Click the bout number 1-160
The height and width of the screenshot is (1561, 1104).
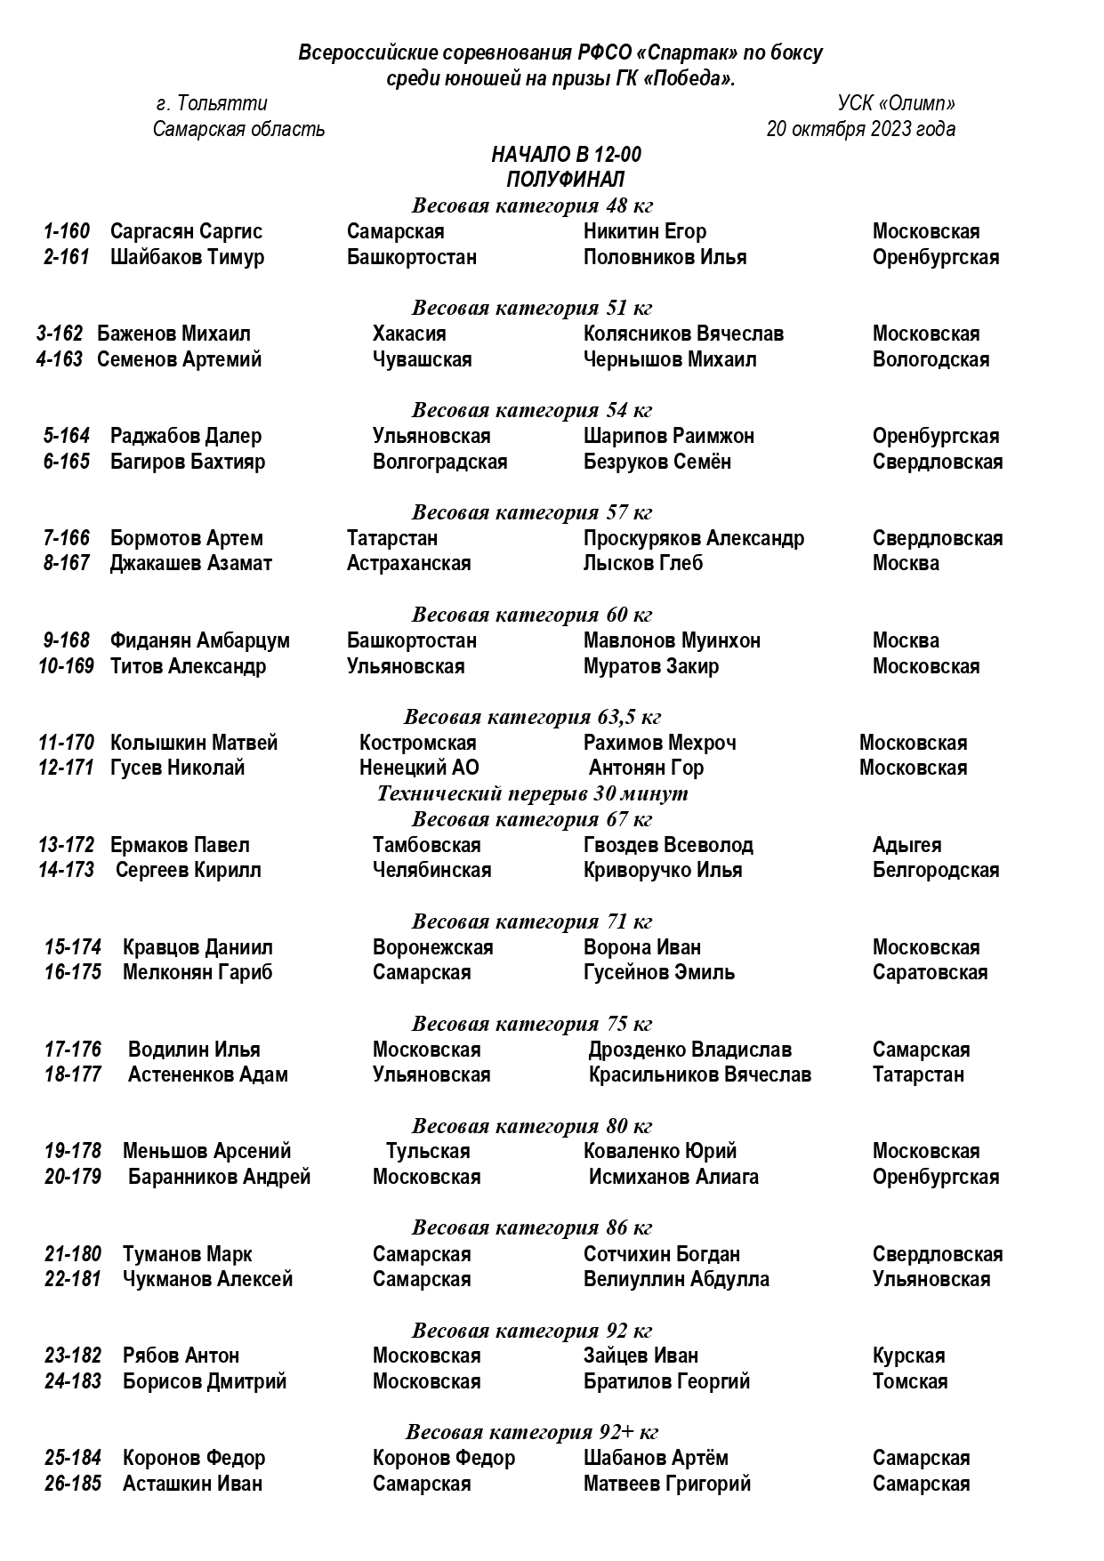coord(67,232)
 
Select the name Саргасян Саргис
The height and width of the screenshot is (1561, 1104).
coord(186,232)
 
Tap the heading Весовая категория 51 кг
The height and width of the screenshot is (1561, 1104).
coord(532,309)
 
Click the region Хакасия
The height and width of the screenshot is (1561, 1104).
coord(409,334)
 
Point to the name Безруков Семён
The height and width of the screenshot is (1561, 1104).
coord(657,462)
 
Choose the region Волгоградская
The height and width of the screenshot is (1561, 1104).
coord(439,462)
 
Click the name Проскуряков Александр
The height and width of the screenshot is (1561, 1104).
coord(693,538)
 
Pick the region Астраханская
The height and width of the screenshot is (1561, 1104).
coord(408,563)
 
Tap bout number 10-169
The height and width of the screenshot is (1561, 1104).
coord(66,666)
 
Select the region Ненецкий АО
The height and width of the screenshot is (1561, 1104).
coord(419,768)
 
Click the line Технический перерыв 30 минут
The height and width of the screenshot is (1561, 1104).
coord(532,793)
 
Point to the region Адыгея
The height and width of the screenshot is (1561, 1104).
coord(907,845)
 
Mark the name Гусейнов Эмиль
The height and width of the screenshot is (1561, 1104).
coord(658,972)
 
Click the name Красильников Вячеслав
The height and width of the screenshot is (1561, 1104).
coord(699,1074)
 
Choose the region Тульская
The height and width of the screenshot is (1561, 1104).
coord(428,1151)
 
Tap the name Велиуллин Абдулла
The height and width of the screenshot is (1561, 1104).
coord(676,1279)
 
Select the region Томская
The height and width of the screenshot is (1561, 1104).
coord(909,1381)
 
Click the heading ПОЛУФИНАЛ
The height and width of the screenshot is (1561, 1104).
coord(566,180)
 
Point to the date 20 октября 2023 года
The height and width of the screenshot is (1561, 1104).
coord(860,130)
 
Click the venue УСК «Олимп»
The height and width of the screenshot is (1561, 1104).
coord(896,104)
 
